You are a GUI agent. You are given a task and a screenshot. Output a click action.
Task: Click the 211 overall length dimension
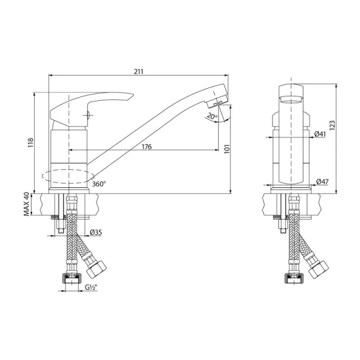pyautogui.click(x=139, y=71)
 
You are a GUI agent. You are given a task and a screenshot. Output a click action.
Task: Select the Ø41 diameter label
pyautogui.click(x=320, y=134)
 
